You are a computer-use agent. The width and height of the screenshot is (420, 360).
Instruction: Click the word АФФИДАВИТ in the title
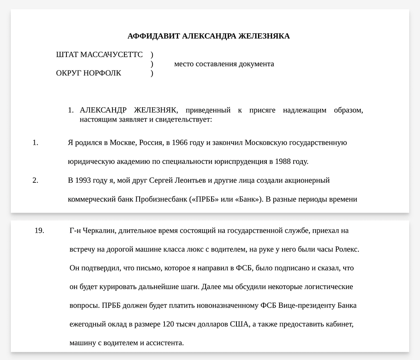pos(154,36)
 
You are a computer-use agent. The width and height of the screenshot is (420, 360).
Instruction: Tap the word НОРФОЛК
pos(102,73)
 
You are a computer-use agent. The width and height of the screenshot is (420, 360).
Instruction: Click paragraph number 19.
pos(39,231)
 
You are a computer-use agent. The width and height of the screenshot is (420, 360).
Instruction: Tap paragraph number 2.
pos(35,180)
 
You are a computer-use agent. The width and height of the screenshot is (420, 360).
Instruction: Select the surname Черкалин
pos(100,231)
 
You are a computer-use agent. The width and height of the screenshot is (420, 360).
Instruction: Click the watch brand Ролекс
pos(346,250)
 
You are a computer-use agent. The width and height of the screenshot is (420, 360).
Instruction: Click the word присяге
pos(262,110)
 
